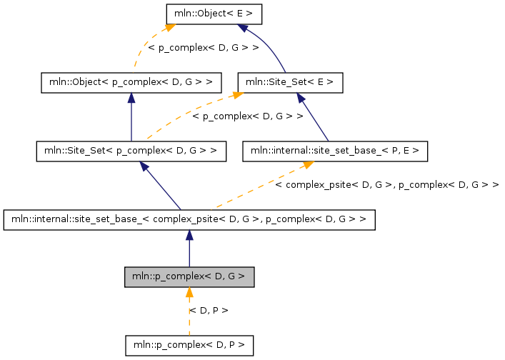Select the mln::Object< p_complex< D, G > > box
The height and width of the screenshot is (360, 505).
[131, 82]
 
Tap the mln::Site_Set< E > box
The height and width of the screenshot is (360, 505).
[290, 82]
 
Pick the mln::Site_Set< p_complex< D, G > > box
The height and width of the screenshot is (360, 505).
[131, 151]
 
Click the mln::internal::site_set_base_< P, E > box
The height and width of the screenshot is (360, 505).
[335, 151]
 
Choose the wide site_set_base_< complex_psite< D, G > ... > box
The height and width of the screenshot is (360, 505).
[189, 219]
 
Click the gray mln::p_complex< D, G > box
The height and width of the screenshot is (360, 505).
[189, 276]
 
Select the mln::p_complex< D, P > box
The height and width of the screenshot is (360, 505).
[189, 345]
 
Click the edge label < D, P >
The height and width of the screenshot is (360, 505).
[209, 310]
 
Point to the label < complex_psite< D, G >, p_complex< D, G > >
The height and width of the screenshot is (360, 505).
[386, 185]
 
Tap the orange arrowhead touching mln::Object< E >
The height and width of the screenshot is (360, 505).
[170, 28]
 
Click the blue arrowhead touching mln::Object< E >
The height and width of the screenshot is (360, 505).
[244, 28]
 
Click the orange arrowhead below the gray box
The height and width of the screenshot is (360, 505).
[189, 291]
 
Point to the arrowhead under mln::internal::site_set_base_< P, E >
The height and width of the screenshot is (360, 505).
[308, 165]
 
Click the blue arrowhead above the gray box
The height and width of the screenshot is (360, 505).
[189, 235]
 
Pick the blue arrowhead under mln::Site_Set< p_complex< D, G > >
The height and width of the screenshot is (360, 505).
[144, 166]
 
